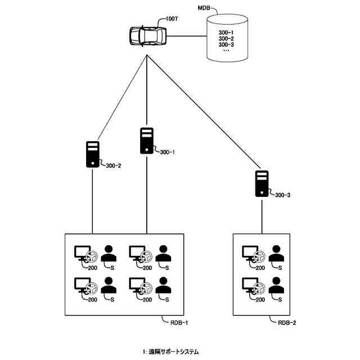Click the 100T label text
(x=172, y=19)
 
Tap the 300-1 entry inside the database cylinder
(x=226, y=32)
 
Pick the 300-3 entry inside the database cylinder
(x=226, y=44)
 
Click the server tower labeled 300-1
(x=147, y=141)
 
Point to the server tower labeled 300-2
(x=93, y=154)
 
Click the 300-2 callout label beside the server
(x=113, y=165)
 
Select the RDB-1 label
(x=179, y=322)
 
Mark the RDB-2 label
(x=288, y=322)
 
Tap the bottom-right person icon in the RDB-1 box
(x=163, y=286)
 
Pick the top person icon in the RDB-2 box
(x=276, y=254)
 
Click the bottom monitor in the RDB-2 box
(x=251, y=286)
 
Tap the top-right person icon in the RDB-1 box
(x=163, y=254)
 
